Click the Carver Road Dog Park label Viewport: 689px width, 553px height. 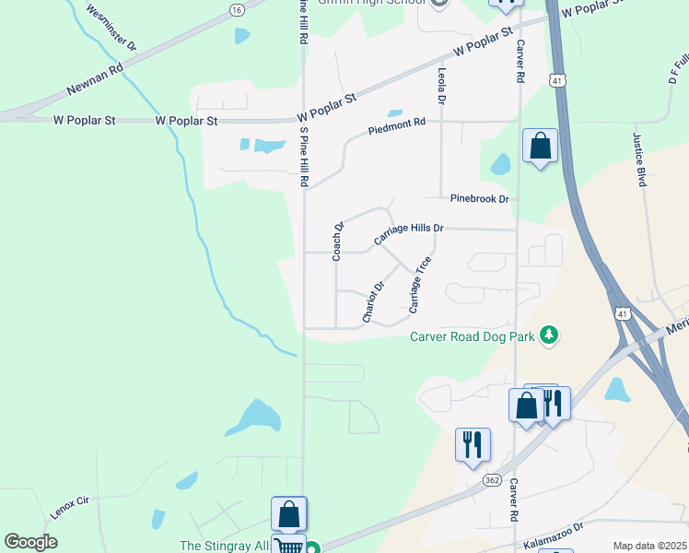(x=473, y=336)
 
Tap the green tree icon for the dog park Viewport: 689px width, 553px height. (x=550, y=333)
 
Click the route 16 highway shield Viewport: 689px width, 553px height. (x=238, y=9)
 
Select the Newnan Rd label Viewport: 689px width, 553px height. (x=95, y=80)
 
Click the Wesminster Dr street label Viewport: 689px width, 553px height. (x=111, y=27)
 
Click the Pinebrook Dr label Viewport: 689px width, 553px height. (x=480, y=198)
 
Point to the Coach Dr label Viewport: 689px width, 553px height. (x=338, y=241)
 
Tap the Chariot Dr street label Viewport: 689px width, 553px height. (x=373, y=303)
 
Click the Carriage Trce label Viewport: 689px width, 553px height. (x=420, y=282)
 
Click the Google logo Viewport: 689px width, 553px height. (x=31, y=542)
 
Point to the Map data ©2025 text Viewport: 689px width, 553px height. (x=649, y=546)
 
